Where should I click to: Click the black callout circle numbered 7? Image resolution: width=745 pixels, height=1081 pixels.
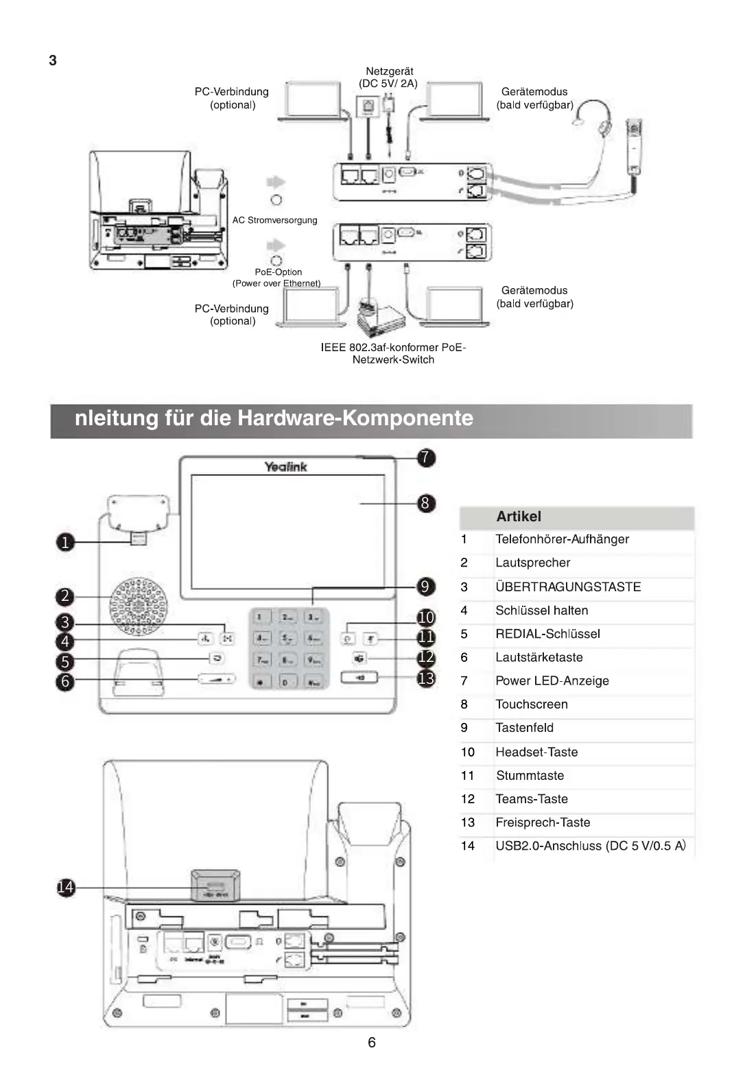point(426,458)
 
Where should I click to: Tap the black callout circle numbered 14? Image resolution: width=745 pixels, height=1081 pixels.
point(65,888)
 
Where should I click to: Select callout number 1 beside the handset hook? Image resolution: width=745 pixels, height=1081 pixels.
point(65,543)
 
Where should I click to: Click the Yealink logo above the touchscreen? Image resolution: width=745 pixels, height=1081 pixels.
point(286,466)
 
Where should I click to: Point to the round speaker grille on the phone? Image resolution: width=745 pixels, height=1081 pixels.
point(139,606)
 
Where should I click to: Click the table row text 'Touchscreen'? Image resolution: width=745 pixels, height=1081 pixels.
point(532,704)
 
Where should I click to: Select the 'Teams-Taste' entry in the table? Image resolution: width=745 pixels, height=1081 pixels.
point(532,799)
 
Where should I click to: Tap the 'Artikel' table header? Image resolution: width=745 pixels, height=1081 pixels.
point(519,516)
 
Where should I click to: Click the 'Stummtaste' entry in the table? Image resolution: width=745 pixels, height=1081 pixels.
point(530,776)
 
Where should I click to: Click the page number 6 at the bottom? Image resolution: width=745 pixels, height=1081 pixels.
point(372,1043)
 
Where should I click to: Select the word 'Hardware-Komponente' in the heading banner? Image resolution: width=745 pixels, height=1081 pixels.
point(355,418)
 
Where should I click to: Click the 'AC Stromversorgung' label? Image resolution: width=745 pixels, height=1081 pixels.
point(274,220)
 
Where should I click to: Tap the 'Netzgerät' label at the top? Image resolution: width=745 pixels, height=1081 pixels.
point(389,71)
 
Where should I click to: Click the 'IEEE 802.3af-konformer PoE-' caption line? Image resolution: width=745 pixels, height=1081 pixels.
point(393,347)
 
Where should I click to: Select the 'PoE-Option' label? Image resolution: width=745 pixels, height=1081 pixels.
point(278,272)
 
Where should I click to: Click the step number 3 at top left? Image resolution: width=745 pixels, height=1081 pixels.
point(53,60)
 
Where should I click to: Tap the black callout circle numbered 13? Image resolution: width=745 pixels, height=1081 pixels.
point(426,678)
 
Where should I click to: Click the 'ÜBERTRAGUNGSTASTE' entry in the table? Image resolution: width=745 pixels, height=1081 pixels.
point(568,587)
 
